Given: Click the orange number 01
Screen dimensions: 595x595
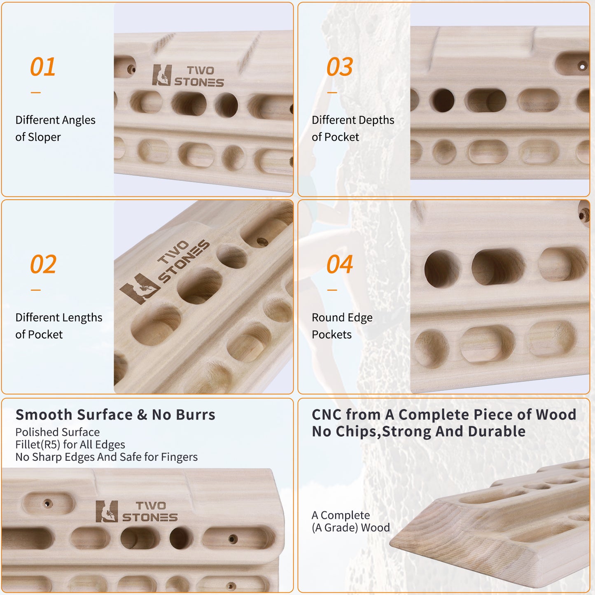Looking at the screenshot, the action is click(42, 67).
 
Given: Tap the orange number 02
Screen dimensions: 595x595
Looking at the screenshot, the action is click(43, 264).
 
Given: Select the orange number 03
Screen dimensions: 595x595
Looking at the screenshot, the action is click(340, 67).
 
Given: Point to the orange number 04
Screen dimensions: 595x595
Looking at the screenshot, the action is click(340, 264).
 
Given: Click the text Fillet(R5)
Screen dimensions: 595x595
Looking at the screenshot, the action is click(37, 445).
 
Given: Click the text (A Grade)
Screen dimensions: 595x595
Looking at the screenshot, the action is click(335, 528).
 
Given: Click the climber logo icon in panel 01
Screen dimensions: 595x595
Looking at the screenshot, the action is click(162, 75).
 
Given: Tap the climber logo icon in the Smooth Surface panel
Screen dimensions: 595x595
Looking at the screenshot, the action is click(107, 511).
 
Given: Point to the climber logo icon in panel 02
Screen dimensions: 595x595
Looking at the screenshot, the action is click(140, 289).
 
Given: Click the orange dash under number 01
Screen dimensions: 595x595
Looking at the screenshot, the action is click(36, 92).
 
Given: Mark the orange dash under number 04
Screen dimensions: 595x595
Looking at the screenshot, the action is click(332, 290).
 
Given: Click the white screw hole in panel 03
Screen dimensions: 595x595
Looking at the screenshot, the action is click(582, 66).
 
